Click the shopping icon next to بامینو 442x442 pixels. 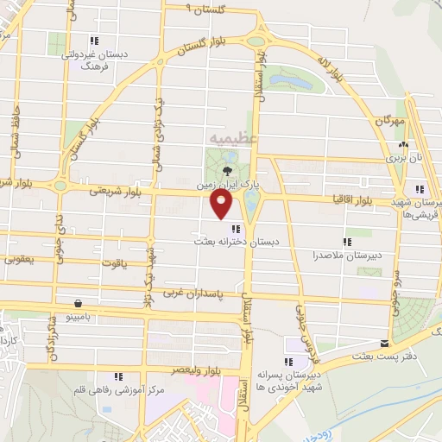79,304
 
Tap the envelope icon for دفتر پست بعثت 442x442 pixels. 385,344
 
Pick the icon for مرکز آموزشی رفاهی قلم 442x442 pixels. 118,376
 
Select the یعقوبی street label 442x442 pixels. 19,259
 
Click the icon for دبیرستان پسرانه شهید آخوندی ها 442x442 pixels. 287,362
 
